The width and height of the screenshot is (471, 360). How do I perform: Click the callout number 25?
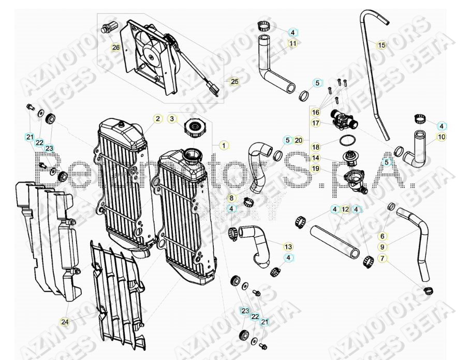234,82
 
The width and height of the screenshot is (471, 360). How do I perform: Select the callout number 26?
115,48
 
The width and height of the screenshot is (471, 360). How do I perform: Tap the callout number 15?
381,45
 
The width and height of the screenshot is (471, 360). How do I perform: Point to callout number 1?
223,146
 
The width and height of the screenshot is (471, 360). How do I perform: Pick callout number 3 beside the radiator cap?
172,119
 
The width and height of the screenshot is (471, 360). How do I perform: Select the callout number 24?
65,322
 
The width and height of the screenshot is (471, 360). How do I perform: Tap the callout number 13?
288,246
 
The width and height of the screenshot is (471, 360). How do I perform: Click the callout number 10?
441,137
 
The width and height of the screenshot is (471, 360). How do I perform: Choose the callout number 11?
293,44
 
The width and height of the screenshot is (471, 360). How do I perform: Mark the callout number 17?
316,123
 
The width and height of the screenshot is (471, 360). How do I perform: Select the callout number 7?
382,258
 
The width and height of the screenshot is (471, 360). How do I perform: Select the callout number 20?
299,140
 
